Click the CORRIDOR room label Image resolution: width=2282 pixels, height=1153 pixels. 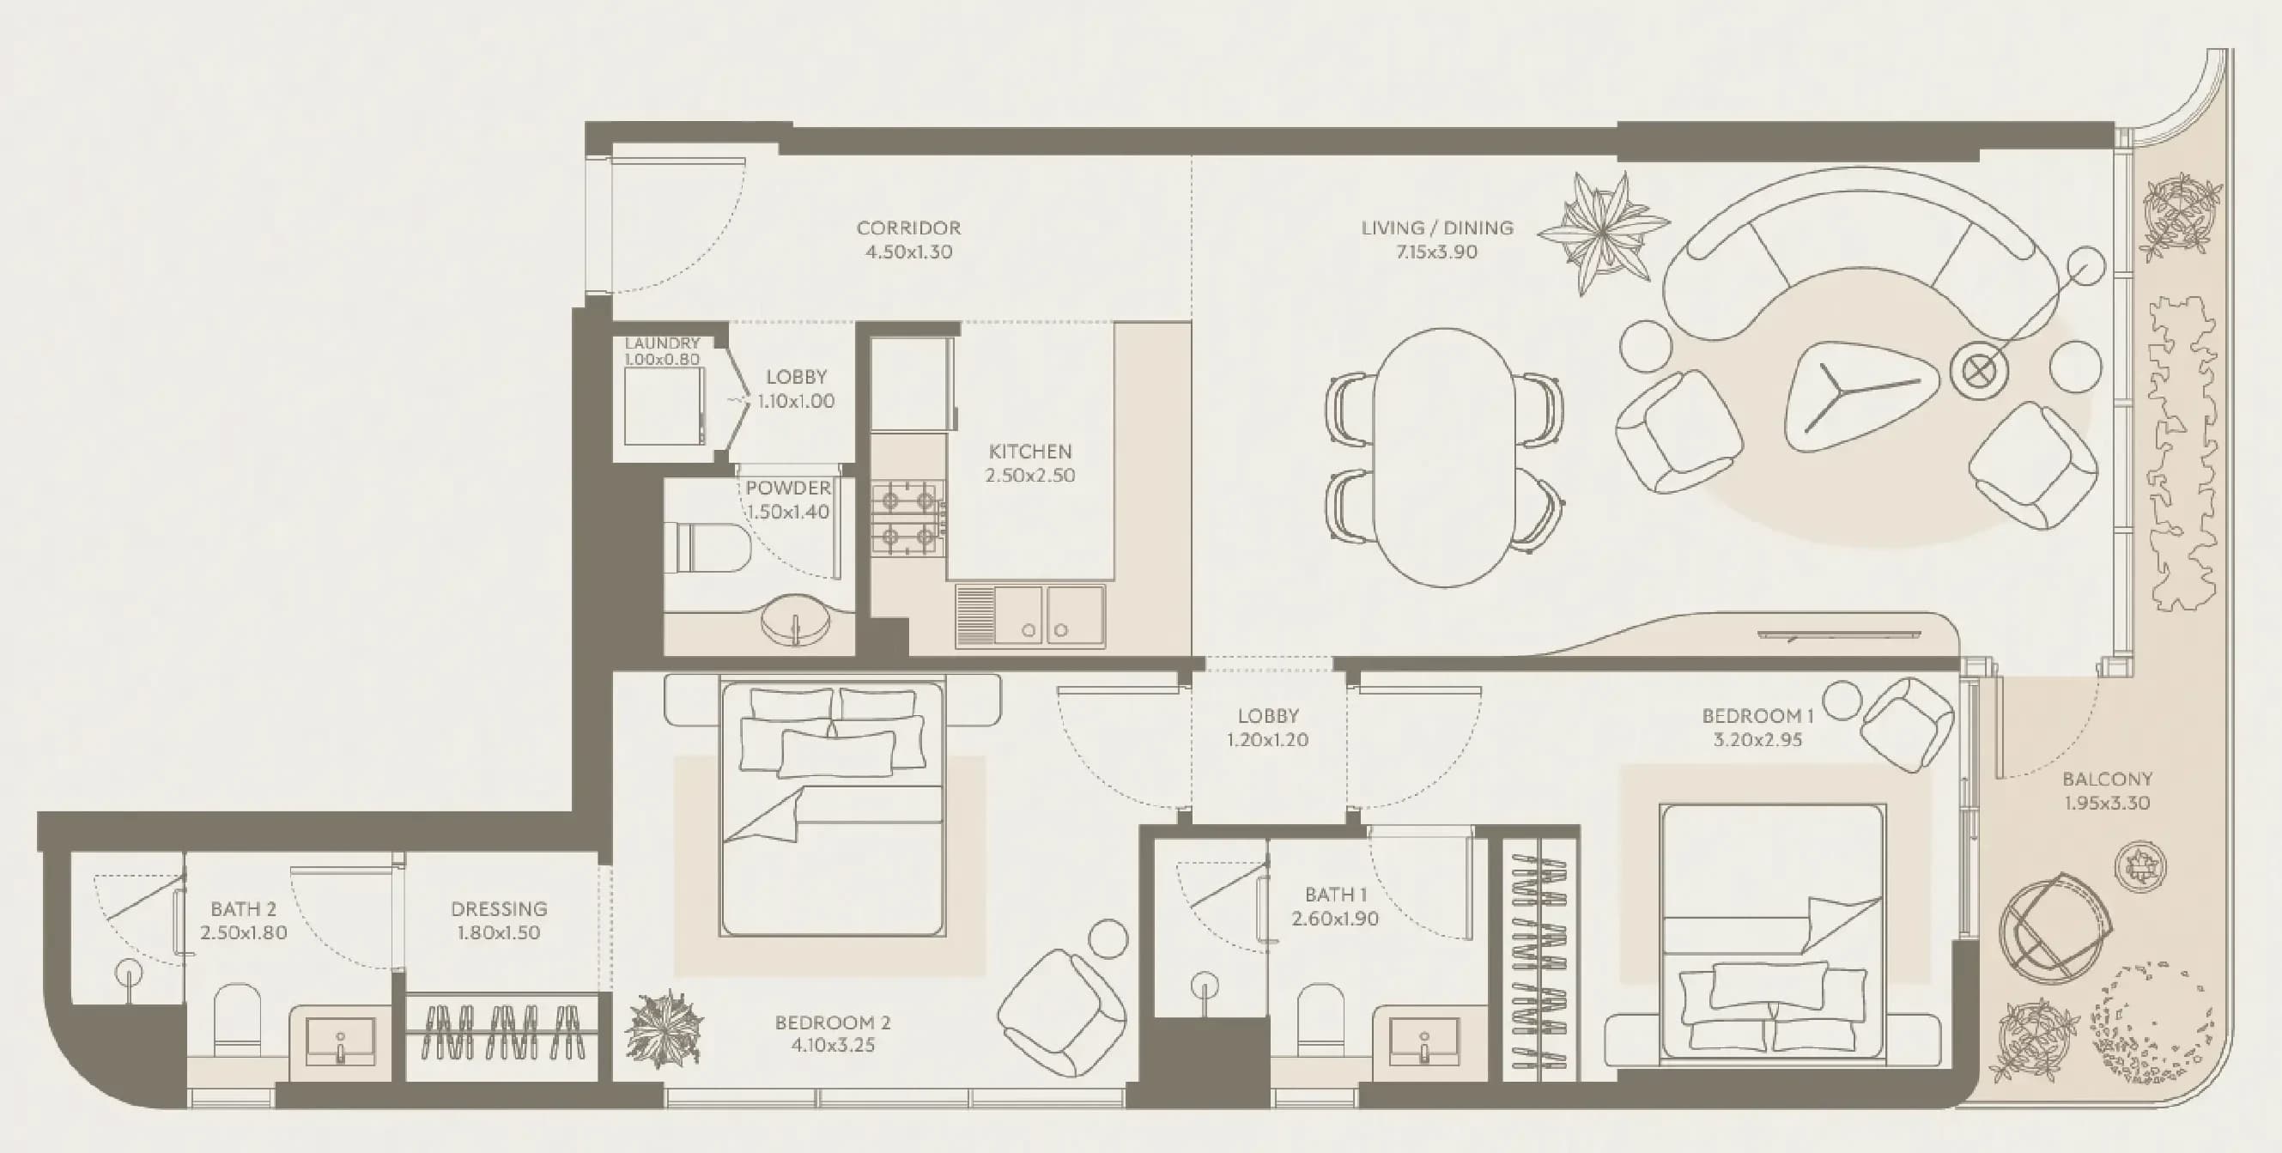coord(908,228)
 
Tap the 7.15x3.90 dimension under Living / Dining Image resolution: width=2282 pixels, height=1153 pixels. coord(1436,252)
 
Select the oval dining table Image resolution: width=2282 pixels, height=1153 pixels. coord(1444,458)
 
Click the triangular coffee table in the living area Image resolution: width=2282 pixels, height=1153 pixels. coord(1854,394)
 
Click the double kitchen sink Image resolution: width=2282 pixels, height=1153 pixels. coord(1029,616)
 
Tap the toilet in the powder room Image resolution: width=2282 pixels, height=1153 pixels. coord(707,547)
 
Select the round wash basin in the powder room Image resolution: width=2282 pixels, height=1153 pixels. coord(796,618)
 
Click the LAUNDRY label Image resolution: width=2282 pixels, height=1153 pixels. coord(662,343)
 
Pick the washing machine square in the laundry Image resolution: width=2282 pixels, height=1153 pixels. coord(665,406)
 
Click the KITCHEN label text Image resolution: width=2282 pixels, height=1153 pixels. coord(1030,452)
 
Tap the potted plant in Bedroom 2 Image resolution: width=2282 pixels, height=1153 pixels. coord(665,1029)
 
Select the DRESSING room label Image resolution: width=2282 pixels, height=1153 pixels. coord(499,908)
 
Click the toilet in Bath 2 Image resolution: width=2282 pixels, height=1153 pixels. coord(238,1019)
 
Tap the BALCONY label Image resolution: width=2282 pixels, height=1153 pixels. coord(2107,780)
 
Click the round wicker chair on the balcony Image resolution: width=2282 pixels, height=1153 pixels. coord(2054,927)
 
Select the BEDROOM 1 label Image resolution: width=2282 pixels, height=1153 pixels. coord(1757,715)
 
